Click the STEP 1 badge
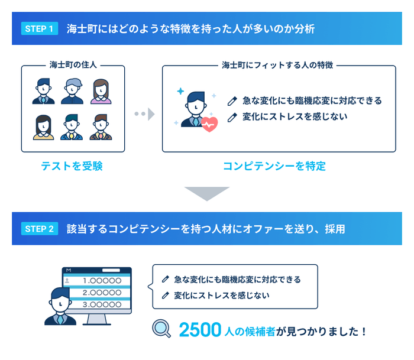(x=40, y=28)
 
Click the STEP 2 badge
(x=40, y=229)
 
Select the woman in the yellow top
(x=43, y=127)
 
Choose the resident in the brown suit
(x=101, y=127)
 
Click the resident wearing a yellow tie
(x=72, y=127)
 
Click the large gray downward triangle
(x=206, y=193)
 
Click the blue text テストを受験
(x=72, y=166)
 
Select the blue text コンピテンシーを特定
(x=274, y=166)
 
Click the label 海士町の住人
(x=73, y=65)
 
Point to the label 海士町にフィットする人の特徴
(x=278, y=65)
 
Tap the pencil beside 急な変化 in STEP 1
(x=232, y=100)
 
